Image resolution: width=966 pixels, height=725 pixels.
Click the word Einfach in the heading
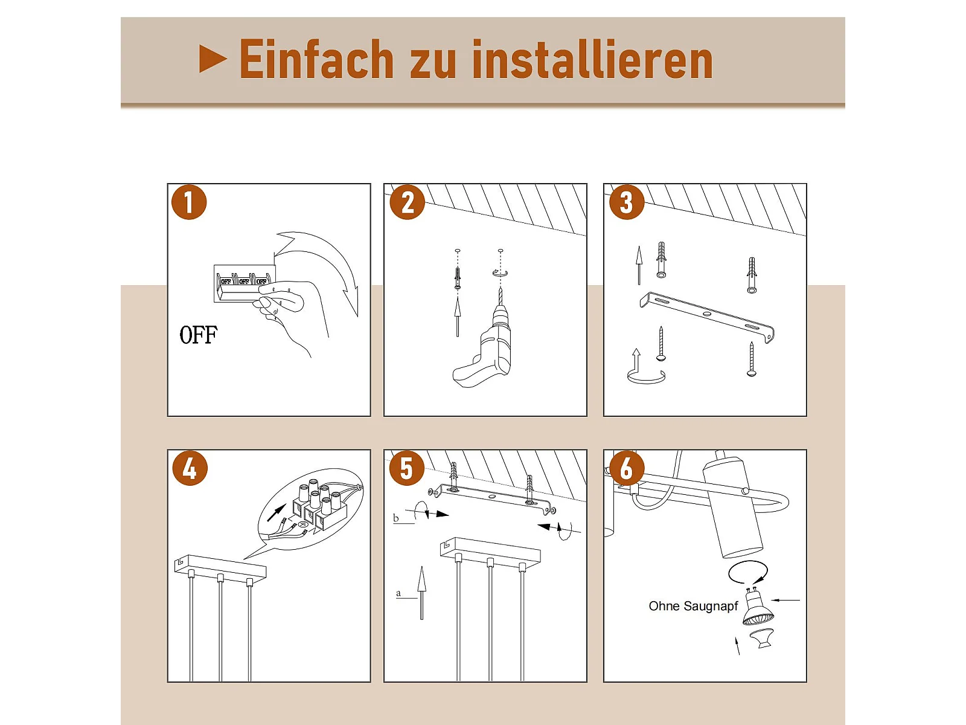click(x=316, y=59)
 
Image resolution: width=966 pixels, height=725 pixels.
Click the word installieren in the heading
click(x=592, y=59)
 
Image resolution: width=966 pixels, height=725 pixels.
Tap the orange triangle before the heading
click(x=213, y=59)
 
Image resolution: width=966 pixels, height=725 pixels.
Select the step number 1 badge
click(x=189, y=202)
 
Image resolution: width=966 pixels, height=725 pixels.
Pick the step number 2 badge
click(x=407, y=202)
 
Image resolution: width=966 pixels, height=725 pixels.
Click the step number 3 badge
click(x=626, y=202)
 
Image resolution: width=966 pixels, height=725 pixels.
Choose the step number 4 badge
click(x=190, y=468)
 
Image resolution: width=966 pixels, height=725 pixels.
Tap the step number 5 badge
click(x=407, y=468)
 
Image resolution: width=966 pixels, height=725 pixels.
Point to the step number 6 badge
click(x=626, y=468)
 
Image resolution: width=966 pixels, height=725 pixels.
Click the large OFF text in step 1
click(x=199, y=335)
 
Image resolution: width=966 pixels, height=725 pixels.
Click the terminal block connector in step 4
click(x=319, y=506)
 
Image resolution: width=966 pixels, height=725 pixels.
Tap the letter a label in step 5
click(x=398, y=593)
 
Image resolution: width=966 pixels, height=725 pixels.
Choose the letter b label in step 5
click(x=395, y=518)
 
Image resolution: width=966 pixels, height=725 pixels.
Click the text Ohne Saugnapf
click(x=693, y=606)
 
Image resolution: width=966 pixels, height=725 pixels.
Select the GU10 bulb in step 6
click(x=757, y=607)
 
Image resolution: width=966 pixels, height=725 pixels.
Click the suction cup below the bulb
click(x=763, y=638)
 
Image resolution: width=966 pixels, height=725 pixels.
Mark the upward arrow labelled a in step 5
click(x=421, y=593)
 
